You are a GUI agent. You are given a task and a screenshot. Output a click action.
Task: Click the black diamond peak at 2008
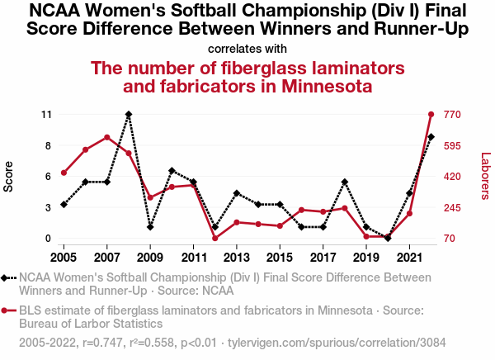point(129,114)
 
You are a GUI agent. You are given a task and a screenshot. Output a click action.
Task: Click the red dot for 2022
point(431,114)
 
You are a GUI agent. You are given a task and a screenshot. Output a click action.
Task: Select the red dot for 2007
point(107,137)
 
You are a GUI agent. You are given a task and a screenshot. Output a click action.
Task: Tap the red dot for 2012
point(214,239)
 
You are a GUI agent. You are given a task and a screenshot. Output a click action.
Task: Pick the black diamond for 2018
point(345,182)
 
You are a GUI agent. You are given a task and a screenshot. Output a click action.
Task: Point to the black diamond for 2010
point(172,170)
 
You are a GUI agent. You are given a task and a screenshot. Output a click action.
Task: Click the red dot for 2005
point(64,173)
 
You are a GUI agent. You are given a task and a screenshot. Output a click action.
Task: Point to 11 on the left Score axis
point(45,114)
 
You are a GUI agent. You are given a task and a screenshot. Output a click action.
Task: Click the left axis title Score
point(9,176)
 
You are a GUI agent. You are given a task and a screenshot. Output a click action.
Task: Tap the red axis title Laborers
point(485,176)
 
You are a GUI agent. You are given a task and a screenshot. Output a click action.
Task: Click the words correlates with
point(247,48)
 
